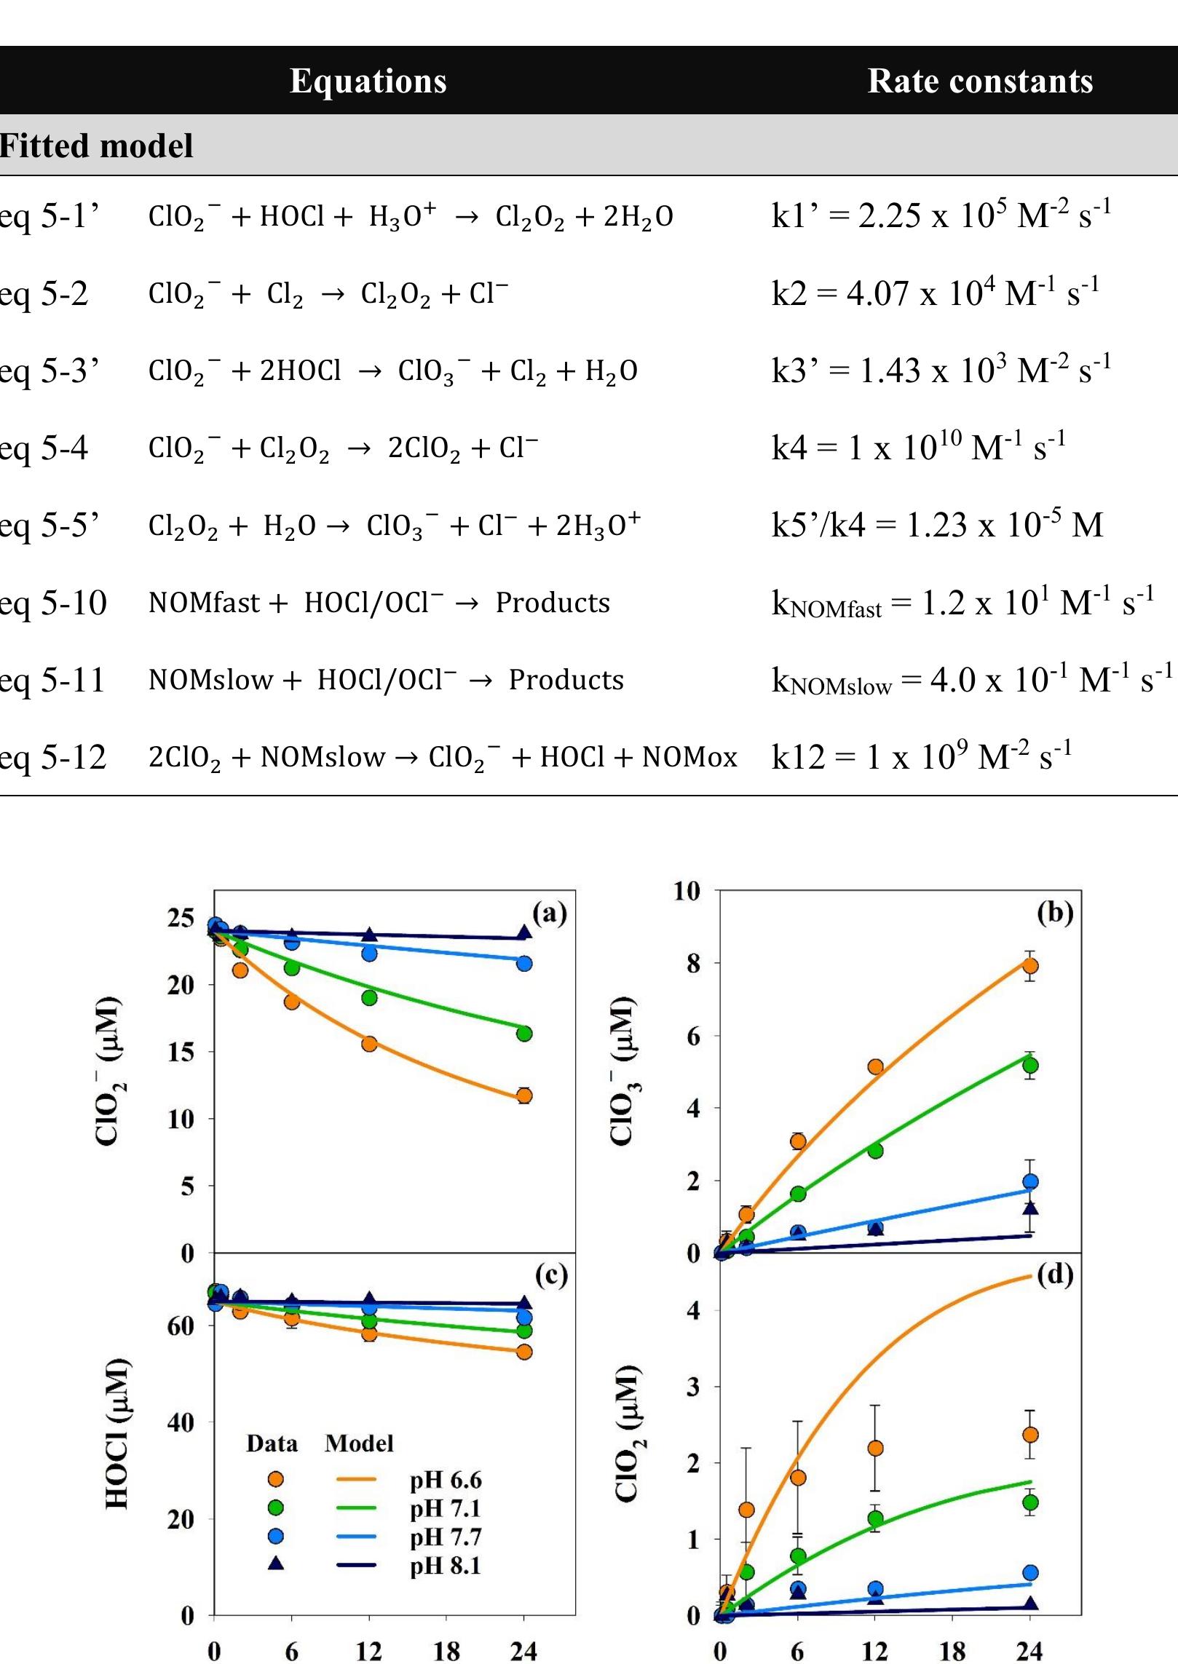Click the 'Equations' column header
[x=368, y=80]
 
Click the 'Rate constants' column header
[x=979, y=80]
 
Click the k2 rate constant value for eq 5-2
[x=935, y=293]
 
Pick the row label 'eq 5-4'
[x=44, y=447]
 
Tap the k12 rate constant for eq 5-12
[x=921, y=757]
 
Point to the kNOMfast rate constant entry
[x=962, y=603]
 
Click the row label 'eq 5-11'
[x=52, y=680]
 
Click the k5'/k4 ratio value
[x=937, y=524]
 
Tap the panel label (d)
[x=1055, y=1275]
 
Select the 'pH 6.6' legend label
[x=446, y=1480]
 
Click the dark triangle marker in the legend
[x=276, y=1564]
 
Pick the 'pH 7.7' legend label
[x=446, y=1537]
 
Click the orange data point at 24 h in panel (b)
[x=1029, y=966]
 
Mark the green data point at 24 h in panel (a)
[x=524, y=1034]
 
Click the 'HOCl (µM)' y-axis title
[x=117, y=1434]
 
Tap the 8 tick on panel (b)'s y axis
[x=692, y=963]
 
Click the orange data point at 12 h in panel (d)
[x=875, y=1448]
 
